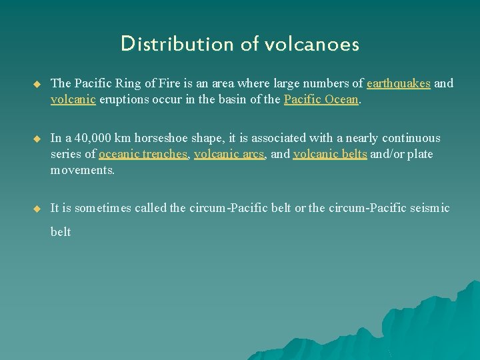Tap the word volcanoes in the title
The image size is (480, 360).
coord(312,44)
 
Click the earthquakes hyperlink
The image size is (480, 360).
coord(399,83)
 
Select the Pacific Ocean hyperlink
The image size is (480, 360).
coord(321,99)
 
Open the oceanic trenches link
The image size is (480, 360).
coord(143,154)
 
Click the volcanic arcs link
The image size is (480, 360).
coord(230,154)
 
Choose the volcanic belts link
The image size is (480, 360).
coord(330,154)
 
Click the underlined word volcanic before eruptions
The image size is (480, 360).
coord(73,99)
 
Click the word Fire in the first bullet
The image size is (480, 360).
coord(167,83)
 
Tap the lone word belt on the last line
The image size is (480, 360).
coord(61,232)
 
